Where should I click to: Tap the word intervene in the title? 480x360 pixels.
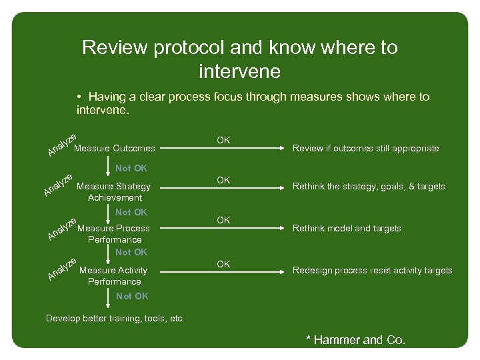tap(239, 70)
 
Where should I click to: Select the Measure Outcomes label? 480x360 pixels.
tap(115, 148)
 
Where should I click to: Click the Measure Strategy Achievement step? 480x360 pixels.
tap(114, 192)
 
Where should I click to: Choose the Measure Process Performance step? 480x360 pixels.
tap(114, 233)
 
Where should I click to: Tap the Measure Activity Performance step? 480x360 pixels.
tap(113, 275)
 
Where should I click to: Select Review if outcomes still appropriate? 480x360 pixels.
tap(366, 149)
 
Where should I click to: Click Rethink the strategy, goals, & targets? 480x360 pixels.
tap(369, 187)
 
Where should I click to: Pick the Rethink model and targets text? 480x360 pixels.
tap(347, 229)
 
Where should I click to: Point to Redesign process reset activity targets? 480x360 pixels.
tap(373, 271)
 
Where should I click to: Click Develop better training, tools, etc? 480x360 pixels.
tap(115, 319)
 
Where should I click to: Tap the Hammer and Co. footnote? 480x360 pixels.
tap(355, 340)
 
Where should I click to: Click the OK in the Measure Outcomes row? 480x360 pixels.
tap(223, 140)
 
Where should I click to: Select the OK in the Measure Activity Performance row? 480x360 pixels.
tap(223, 265)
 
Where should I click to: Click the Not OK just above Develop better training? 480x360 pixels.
tap(132, 296)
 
